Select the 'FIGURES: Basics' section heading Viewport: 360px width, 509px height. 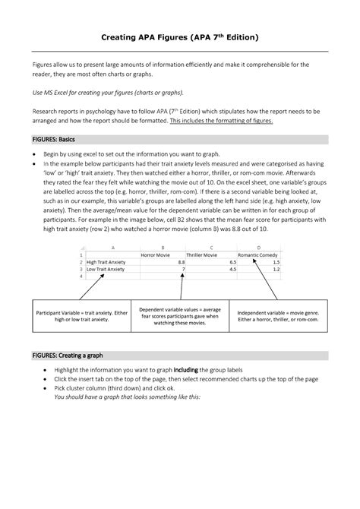coord(54,140)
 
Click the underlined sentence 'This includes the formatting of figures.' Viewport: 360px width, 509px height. coord(220,120)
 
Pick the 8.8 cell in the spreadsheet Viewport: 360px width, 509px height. coord(180,261)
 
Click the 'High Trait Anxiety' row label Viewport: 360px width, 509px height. coord(106,261)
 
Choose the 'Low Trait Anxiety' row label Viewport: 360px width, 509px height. coord(106,268)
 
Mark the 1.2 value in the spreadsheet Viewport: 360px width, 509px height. coord(276,268)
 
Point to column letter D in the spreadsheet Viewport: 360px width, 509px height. coord(260,247)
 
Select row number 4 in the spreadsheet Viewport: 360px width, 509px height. coord(81,276)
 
